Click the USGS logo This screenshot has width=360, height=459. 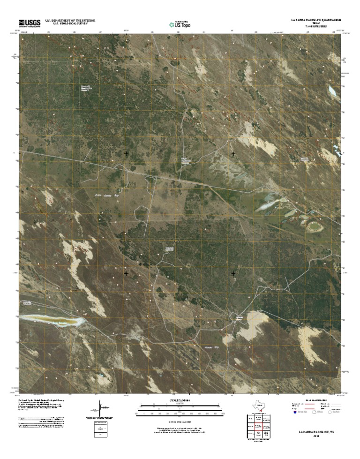[30, 23]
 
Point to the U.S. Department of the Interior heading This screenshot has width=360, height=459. [70, 21]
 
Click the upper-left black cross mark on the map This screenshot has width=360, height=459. [126, 153]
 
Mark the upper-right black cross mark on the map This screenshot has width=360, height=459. [233, 153]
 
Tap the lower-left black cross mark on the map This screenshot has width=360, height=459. [126, 273]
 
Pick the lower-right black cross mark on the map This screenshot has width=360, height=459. [233, 273]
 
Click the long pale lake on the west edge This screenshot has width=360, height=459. [52, 321]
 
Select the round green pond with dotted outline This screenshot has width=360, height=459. [314, 227]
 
